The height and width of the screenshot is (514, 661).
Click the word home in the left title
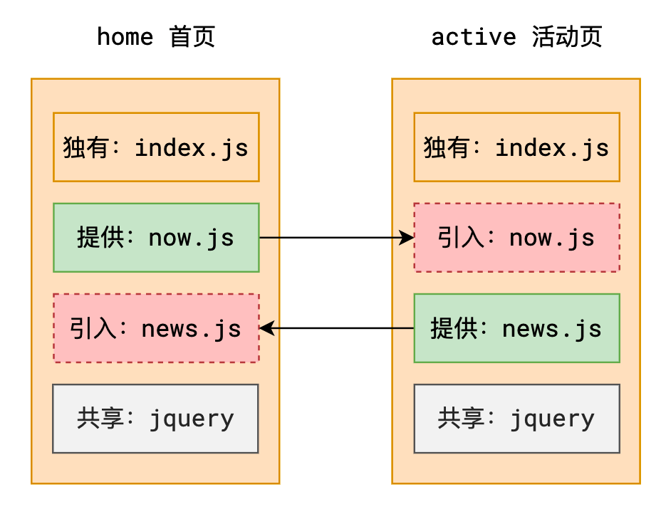tap(125, 36)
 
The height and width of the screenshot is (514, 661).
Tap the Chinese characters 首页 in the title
tap(192, 36)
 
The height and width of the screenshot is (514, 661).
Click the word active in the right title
tap(474, 36)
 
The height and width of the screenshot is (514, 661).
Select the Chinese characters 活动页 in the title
tap(567, 36)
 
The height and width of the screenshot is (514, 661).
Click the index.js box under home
tap(156, 147)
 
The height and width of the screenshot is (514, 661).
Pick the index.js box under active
tap(517, 147)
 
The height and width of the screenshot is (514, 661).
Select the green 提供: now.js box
tap(156, 238)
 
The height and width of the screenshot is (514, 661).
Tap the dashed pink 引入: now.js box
tap(517, 238)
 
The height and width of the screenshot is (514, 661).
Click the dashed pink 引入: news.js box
tap(156, 328)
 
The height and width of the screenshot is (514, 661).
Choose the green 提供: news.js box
tap(517, 328)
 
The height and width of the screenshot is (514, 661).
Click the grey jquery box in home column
tap(155, 419)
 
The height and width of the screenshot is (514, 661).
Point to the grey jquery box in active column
tap(517, 419)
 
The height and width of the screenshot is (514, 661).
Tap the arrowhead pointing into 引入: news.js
tap(266, 328)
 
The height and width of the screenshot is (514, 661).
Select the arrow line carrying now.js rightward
tap(337, 238)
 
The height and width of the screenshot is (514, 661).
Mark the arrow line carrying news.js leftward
tap(336, 328)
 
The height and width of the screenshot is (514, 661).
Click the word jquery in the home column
tap(192, 419)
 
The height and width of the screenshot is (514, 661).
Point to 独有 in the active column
tap(446, 147)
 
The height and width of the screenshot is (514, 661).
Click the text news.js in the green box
tap(552, 329)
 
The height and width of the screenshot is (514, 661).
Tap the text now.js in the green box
tap(191, 238)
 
